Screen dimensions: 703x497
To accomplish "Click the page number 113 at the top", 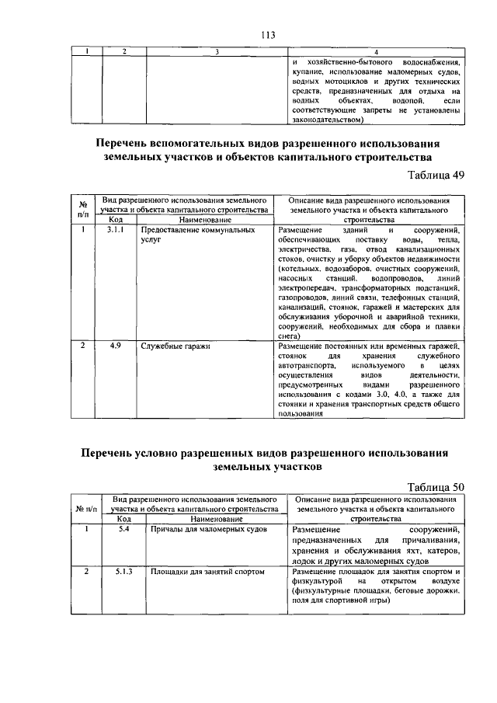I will point(269,34).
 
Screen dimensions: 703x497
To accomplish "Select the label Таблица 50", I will point(435,486).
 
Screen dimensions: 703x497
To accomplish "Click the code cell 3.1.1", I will point(114,231).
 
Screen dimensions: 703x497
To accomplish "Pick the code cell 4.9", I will point(114,345).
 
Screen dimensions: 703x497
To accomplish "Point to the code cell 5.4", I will point(123,528).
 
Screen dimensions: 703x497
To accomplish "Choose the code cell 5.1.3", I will point(123,571).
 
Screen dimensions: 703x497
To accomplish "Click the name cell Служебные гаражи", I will point(175,345).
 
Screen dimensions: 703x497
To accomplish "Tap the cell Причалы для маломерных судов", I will point(207,528).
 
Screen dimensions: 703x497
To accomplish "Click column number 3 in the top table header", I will point(217,51).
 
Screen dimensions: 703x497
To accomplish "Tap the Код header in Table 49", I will point(114,220).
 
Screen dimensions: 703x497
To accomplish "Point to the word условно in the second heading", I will point(179,452).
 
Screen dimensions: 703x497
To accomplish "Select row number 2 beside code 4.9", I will point(82,345).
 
